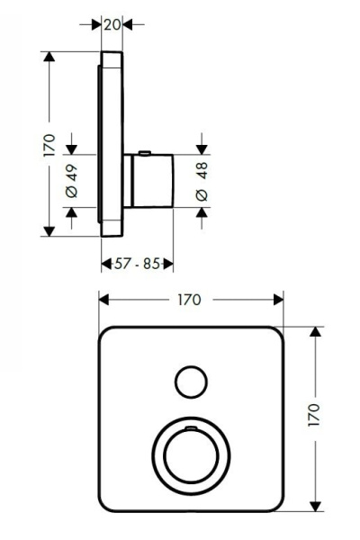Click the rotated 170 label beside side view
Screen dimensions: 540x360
[49, 144]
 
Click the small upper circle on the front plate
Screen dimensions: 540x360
[190, 382]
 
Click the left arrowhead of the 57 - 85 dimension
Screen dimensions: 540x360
[103, 264]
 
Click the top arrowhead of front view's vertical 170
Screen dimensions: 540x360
[315, 331]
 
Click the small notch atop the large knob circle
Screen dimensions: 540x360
[191, 420]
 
